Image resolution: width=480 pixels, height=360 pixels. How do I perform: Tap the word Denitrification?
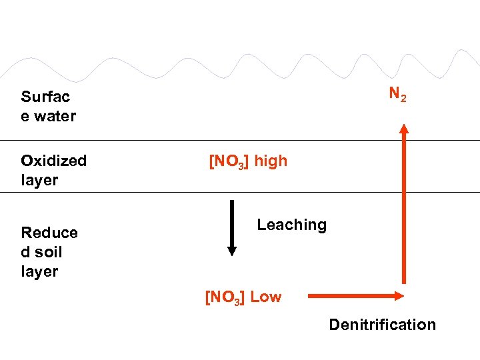pyautogui.click(x=382, y=325)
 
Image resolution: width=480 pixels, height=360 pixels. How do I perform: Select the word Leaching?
pyautogui.click(x=291, y=225)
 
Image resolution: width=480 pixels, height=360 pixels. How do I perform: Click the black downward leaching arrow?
pyautogui.click(x=231, y=227)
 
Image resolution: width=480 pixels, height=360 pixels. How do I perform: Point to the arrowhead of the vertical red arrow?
pyautogui.click(x=403, y=127)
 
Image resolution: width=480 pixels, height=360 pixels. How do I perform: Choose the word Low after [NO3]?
pyautogui.click(x=266, y=297)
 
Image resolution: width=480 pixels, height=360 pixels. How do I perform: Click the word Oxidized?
pyautogui.click(x=53, y=161)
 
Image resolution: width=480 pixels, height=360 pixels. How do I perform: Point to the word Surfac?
pyautogui.click(x=45, y=97)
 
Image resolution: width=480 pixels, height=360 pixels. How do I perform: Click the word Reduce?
pyautogui.click(x=49, y=233)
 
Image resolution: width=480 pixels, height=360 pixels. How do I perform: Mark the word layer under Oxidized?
pyautogui.click(x=39, y=180)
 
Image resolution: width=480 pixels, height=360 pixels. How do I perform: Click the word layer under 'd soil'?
pyautogui.click(x=39, y=271)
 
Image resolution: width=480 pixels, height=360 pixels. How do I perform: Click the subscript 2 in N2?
pyautogui.click(x=403, y=98)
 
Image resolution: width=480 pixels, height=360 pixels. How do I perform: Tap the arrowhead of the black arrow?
pyautogui.click(x=231, y=251)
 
